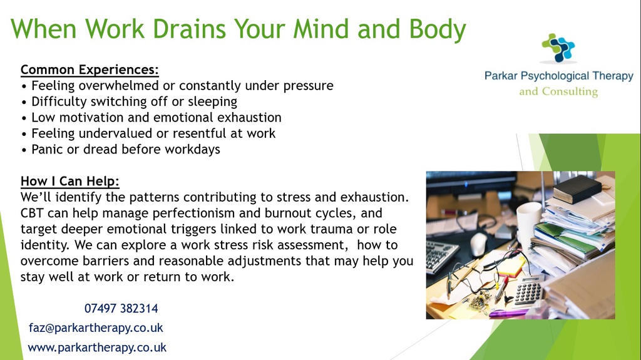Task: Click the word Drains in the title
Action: [189, 29]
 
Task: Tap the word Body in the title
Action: [438, 30]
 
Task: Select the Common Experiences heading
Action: [90, 69]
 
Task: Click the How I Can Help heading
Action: [70, 181]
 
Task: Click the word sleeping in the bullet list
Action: [213, 102]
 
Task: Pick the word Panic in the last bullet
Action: [48, 149]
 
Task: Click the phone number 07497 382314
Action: [121, 308]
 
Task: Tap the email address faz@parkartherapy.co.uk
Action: [96, 327]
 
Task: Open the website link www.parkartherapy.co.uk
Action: [97, 347]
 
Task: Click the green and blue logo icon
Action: [558, 48]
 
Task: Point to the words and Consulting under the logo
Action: [558, 91]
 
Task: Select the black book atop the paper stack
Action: [577, 189]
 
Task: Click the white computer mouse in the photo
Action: [479, 244]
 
